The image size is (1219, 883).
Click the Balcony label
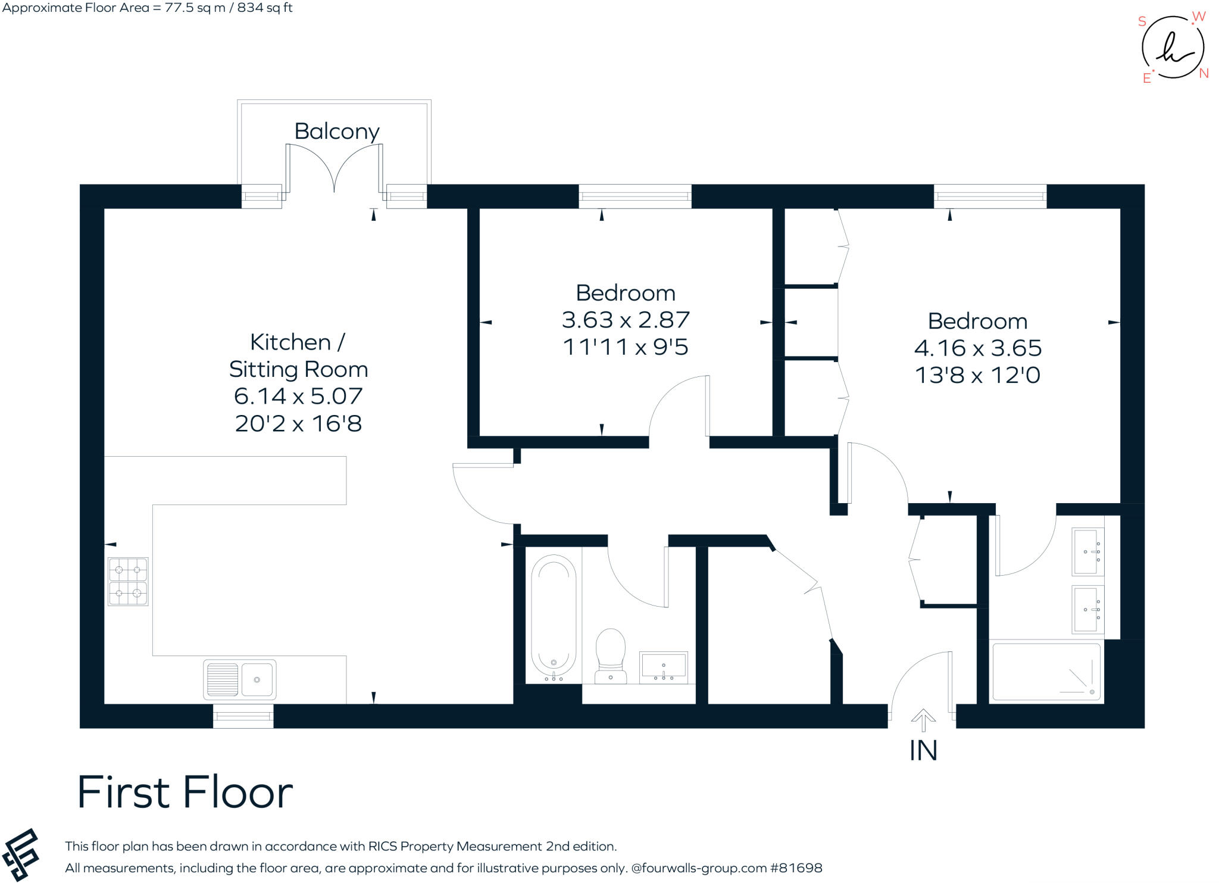click(x=336, y=132)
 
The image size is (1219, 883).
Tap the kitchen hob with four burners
click(x=128, y=581)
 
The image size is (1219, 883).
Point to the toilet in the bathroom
click(x=611, y=655)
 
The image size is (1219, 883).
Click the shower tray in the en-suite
click(x=1046, y=672)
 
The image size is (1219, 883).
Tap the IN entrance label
click(x=923, y=751)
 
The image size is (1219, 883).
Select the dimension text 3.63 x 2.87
click(x=625, y=320)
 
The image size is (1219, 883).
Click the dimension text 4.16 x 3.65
click(x=977, y=348)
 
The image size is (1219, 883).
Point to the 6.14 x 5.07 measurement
click(x=298, y=396)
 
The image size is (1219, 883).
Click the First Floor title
click(x=185, y=792)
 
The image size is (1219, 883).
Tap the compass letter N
click(x=1204, y=73)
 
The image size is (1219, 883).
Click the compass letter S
click(x=1142, y=21)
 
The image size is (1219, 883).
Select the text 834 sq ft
click(x=265, y=8)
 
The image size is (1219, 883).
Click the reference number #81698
click(x=796, y=868)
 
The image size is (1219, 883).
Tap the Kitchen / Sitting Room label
click(x=298, y=355)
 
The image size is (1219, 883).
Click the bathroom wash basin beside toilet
click(x=663, y=667)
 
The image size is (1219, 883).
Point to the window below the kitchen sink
click(x=243, y=716)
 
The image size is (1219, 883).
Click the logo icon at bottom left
click(x=21, y=854)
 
